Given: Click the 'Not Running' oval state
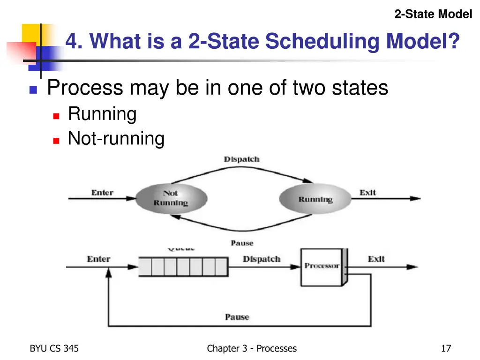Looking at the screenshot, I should [171, 198].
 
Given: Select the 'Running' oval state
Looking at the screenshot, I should [315, 199].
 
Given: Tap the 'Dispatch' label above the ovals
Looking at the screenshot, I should [241, 159].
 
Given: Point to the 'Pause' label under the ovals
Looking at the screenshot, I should [242, 243].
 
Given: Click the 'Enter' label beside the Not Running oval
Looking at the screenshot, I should [102, 193].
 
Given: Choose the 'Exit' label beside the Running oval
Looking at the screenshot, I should [368, 193].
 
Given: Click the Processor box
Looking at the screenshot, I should [322, 266].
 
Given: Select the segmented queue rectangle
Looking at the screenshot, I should [183, 267].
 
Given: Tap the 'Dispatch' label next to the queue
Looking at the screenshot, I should [262, 259].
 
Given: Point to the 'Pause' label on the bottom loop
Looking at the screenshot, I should [237, 317].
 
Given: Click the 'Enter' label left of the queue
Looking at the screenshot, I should [98, 259].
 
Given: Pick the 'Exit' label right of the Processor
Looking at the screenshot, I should [376, 259].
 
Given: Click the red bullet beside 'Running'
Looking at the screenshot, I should [56, 115].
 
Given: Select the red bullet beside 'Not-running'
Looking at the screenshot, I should [56, 140].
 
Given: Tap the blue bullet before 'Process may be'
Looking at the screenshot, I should [33, 90].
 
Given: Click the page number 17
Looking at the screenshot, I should [446, 348].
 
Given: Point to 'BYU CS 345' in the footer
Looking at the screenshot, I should [54, 348].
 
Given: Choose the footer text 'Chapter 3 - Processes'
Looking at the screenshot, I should [252, 348].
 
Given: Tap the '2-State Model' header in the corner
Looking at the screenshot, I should [433, 15].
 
